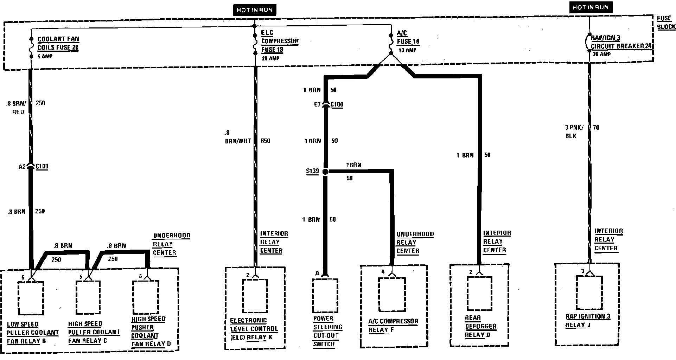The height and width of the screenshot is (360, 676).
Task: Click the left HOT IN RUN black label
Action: [x=254, y=10]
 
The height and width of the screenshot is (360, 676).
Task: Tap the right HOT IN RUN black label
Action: [x=590, y=7]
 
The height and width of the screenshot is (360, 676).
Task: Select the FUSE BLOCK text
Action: [x=666, y=22]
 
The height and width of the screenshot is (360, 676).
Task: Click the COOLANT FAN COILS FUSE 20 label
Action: [x=58, y=43]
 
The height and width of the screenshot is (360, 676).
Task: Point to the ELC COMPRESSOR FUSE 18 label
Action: [x=280, y=41]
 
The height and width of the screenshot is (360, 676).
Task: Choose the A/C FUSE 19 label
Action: [x=408, y=38]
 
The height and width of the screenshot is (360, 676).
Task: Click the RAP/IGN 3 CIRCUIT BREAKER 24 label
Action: [x=622, y=42]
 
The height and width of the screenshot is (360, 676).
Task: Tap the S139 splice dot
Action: [x=325, y=172]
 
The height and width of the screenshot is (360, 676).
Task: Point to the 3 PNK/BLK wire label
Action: [x=574, y=131]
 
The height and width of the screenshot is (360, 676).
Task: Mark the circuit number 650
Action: [x=266, y=141]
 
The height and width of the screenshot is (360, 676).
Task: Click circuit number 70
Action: [x=596, y=127]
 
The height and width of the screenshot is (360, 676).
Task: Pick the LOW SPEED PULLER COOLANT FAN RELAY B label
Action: [x=33, y=333]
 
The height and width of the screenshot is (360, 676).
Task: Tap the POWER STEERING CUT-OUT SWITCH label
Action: [x=327, y=331]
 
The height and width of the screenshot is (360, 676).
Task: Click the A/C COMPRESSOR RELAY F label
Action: [x=393, y=326]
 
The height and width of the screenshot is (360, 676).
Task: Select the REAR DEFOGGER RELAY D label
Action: [x=480, y=327]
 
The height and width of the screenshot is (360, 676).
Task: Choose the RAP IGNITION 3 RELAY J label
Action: [x=587, y=321]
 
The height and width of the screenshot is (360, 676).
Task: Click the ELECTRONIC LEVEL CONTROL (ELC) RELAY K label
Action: [x=254, y=329]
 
